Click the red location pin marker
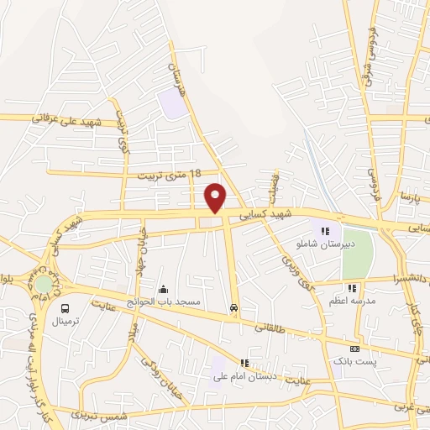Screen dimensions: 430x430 (x=216, y=197)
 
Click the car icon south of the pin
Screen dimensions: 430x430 (x=233, y=307)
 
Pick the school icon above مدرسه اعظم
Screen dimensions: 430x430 (x=352, y=288)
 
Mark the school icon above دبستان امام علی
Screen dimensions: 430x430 (x=244, y=363)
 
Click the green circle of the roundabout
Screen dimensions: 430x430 (x=43, y=283)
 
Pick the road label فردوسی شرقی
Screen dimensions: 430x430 (x=368, y=50)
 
